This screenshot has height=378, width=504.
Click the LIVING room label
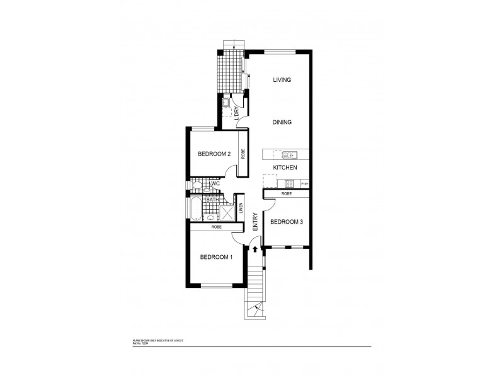(x=282, y=80)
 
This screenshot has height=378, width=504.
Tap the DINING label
(x=282, y=122)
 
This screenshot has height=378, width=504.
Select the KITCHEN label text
(x=285, y=168)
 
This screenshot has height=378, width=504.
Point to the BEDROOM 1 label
(x=216, y=256)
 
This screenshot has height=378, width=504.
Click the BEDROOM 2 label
(x=214, y=154)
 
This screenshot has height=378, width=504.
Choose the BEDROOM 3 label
(x=287, y=222)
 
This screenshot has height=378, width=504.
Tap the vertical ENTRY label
(x=256, y=222)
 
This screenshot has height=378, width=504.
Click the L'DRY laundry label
(x=236, y=113)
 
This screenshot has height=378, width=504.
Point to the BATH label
(x=212, y=200)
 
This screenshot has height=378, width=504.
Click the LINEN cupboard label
(x=243, y=209)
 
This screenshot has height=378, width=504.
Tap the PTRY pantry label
(x=305, y=184)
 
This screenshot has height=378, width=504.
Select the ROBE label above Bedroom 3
(x=287, y=194)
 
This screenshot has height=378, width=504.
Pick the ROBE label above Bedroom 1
(x=216, y=227)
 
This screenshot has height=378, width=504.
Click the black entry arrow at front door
(x=255, y=249)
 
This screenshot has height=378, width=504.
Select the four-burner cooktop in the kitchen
(x=289, y=184)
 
